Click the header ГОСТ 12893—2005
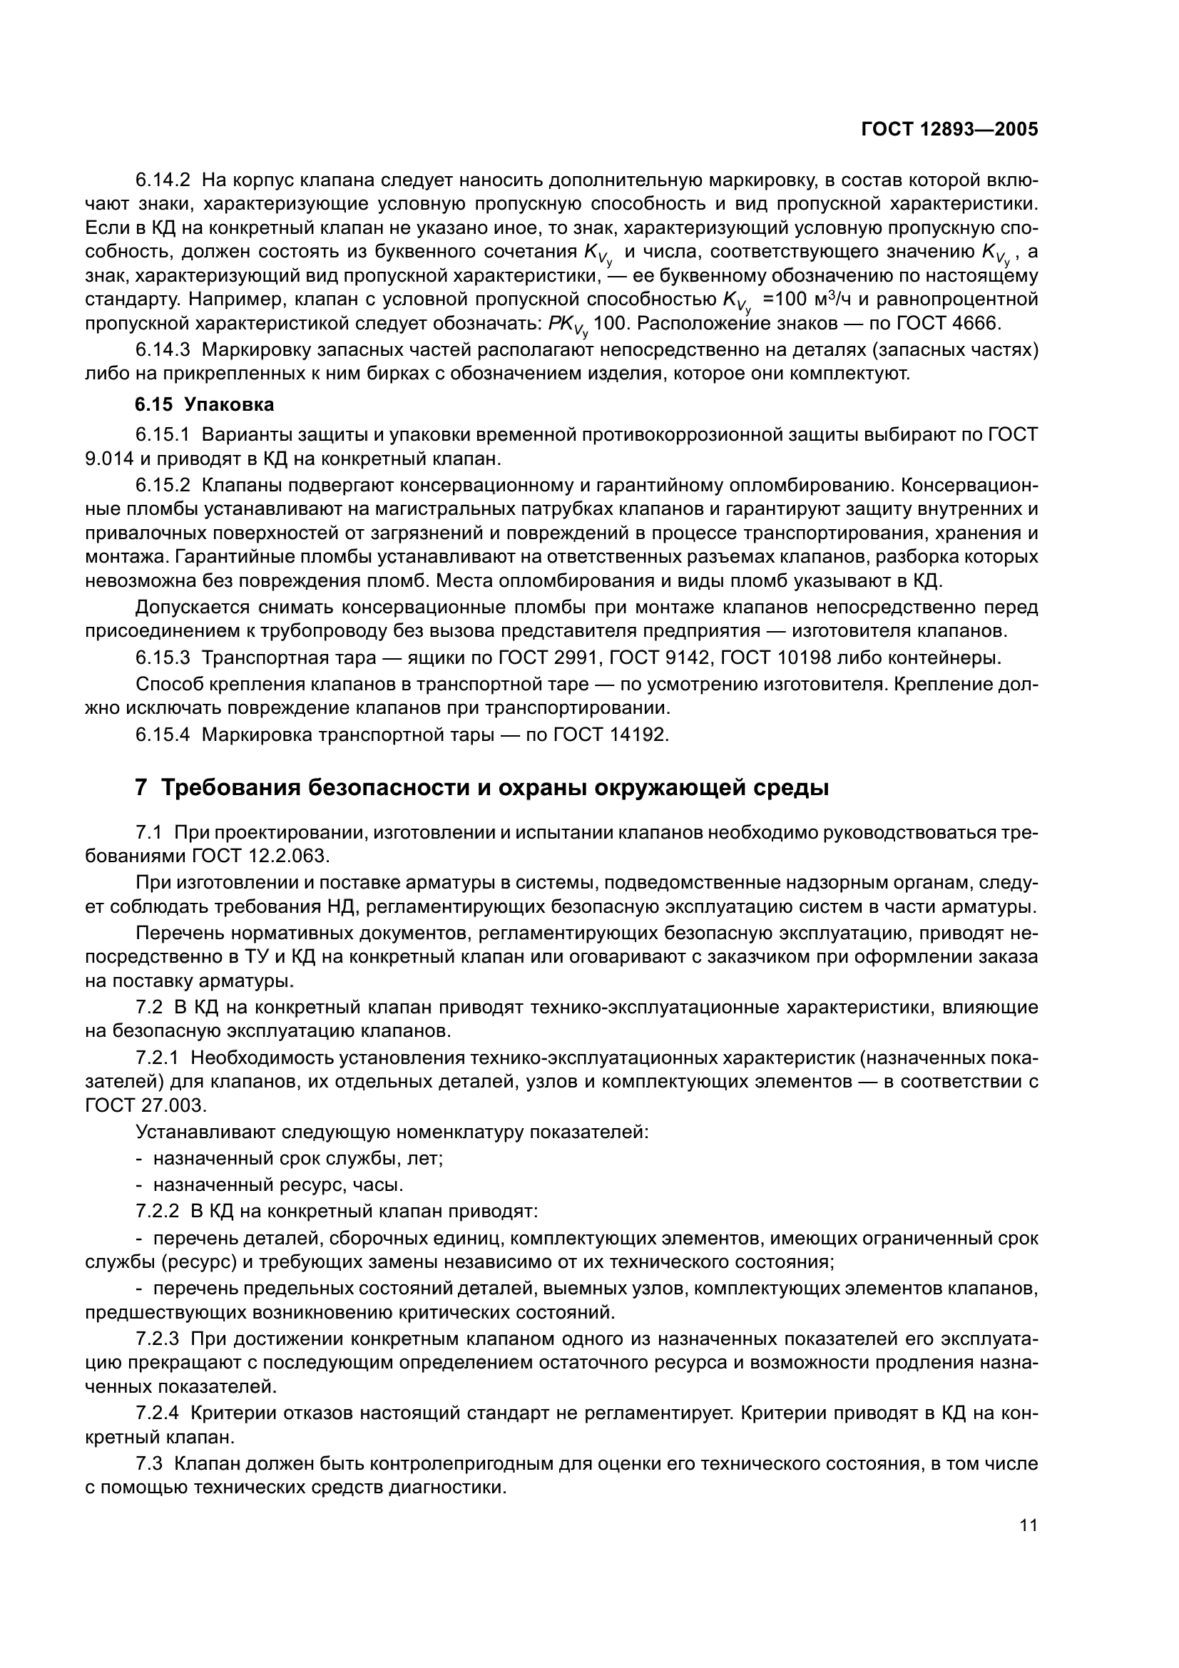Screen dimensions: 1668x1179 pos(949,129)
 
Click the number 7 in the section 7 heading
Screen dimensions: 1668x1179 pos(142,787)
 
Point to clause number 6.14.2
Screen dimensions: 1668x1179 pos(162,179)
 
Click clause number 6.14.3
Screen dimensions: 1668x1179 pos(162,349)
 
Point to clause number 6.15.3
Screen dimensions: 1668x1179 pos(162,658)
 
